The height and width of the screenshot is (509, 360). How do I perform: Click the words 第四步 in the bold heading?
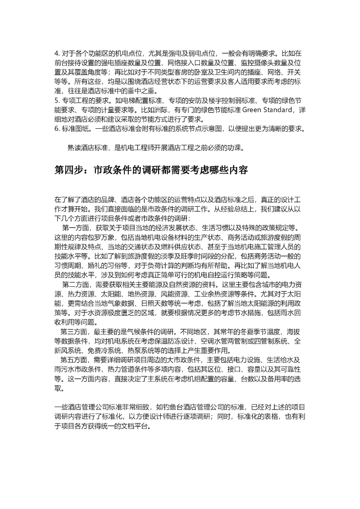pyautogui.click(x=70, y=170)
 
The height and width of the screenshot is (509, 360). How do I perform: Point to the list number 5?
pyautogui.click(x=57, y=99)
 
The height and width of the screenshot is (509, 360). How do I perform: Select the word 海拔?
pyautogui.click(x=294, y=332)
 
